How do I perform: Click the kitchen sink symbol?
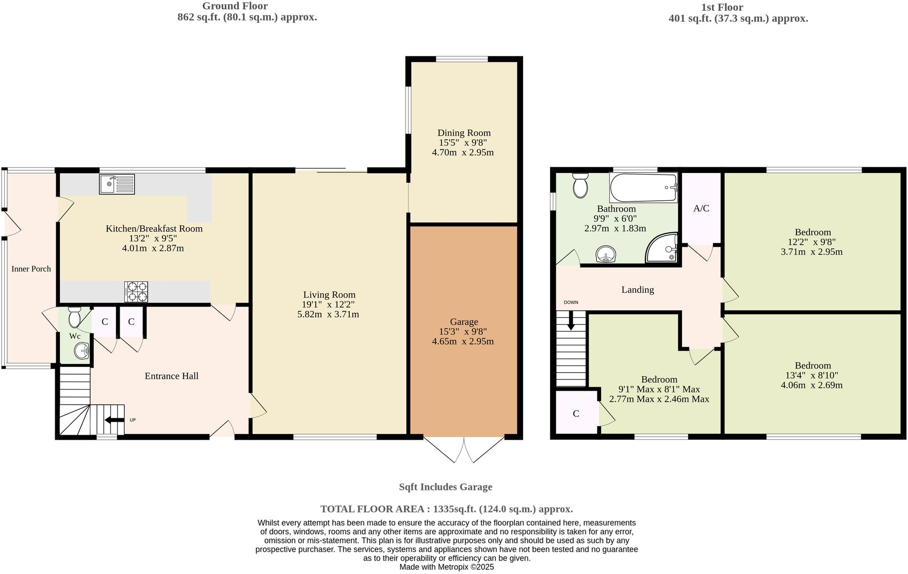coord(117,184)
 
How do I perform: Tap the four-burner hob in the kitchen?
coord(136,292)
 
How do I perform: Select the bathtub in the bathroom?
coord(643,188)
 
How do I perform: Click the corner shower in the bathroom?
coord(663,248)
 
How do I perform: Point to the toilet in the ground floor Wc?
coord(75,316)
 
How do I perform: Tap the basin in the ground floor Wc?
coord(82,352)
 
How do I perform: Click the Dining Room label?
coord(464,133)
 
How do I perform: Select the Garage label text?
coord(464,322)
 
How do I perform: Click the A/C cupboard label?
coord(701,209)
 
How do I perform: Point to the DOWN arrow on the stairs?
coord(571,321)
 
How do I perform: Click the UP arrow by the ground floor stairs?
coord(115,420)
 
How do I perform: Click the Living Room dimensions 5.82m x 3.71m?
coord(328,314)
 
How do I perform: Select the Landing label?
coord(637,290)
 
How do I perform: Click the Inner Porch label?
coord(31,269)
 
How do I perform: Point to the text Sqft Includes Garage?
coord(445,487)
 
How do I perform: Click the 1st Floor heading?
coord(722,7)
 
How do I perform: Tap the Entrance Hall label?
coord(171,376)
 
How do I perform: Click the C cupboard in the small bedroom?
coord(576,413)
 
